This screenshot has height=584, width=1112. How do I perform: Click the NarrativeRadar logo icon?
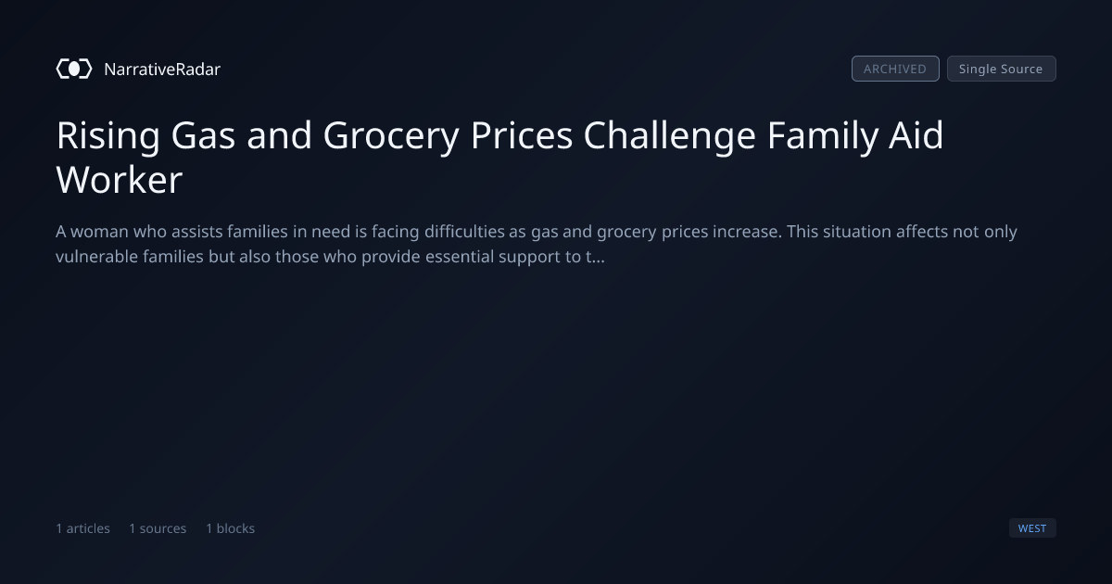[x=74, y=69]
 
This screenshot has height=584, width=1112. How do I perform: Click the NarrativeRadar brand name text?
[x=162, y=69]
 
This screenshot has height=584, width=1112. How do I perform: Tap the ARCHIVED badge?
[x=895, y=69]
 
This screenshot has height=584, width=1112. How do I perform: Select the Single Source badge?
[x=1002, y=69]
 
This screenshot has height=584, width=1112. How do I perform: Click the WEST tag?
[x=1032, y=527]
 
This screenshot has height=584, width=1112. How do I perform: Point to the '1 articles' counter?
[x=82, y=527]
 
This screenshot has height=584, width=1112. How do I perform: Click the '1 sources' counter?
[x=158, y=527]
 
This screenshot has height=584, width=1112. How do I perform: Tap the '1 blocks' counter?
[x=231, y=527]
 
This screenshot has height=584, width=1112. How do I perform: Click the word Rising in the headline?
[x=108, y=136]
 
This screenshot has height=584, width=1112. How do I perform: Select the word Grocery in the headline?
[x=391, y=136]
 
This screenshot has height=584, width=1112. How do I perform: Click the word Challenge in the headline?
[x=670, y=136]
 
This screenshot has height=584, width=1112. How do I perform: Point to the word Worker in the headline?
[x=120, y=180]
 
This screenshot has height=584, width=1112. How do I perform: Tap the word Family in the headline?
[x=823, y=136]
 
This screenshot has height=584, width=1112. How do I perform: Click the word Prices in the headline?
[x=522, y=135]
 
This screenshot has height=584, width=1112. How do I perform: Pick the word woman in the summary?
[x=99, y=232]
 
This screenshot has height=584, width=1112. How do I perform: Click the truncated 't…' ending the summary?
[x=595, y=257]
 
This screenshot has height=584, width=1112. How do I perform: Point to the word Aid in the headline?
[x=916, y=135]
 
